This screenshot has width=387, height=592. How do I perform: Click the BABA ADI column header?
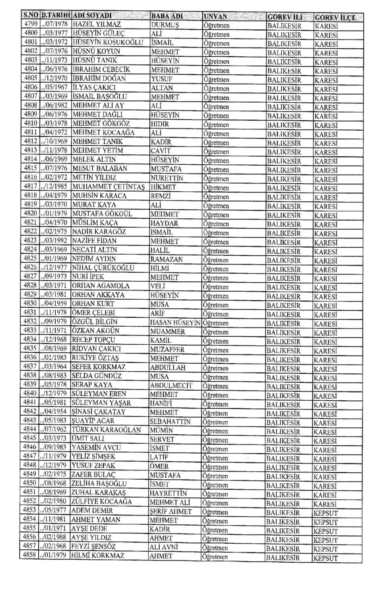[167, 17]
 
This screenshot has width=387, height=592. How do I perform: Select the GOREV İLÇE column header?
[335, 18]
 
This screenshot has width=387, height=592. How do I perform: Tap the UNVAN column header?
[216, 17]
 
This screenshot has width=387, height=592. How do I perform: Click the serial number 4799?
[31, 24]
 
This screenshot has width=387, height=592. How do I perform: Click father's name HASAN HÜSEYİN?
[175, 323]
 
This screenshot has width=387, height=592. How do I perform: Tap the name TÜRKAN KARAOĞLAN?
[106, 430]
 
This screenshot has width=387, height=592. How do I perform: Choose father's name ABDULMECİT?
[171, 385]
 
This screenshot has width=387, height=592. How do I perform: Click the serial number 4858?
[30, 556]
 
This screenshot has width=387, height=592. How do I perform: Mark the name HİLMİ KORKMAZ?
[98, 556]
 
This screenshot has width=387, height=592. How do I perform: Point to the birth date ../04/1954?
[55, 412]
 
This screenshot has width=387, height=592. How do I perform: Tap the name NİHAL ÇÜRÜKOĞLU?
[103, 268]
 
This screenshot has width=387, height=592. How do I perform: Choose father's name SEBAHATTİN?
[170, 421]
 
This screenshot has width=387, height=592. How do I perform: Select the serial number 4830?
[30, 304]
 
